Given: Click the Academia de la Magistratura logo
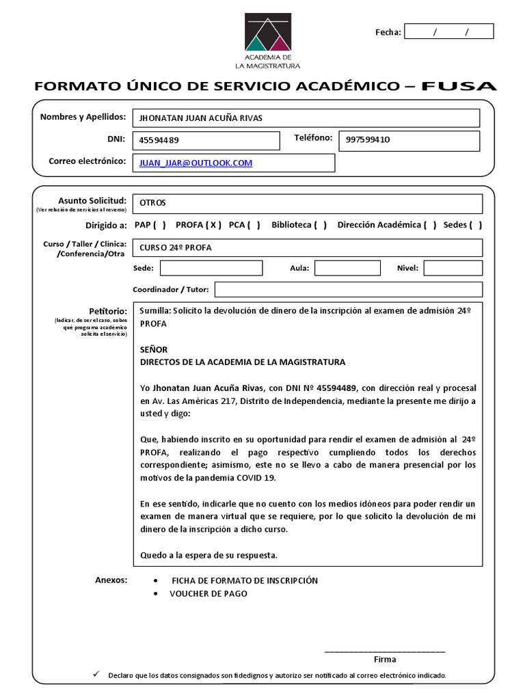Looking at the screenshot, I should point(267,41).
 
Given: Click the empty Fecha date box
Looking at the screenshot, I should point(448,31).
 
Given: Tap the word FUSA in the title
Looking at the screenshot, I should point(459,86).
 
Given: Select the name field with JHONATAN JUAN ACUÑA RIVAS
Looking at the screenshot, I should point(306,118).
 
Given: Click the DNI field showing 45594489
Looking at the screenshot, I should point(206,140).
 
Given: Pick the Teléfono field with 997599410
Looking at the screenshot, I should point(409,140).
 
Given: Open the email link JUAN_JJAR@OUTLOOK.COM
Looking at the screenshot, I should point(196,163).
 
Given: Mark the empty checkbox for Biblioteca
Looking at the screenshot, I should point(320,225).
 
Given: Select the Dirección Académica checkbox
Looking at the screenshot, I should point(430,225).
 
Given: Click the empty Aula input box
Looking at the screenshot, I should point(347,268).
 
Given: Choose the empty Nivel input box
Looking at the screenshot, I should point(453,268).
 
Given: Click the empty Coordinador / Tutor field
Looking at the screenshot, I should point(349,289).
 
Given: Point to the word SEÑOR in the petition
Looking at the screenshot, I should point(154,349).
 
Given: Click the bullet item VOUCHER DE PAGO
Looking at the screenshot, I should point(208,594).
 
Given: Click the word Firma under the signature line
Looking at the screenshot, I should point(385,660).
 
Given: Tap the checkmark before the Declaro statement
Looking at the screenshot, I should point(95,674).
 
